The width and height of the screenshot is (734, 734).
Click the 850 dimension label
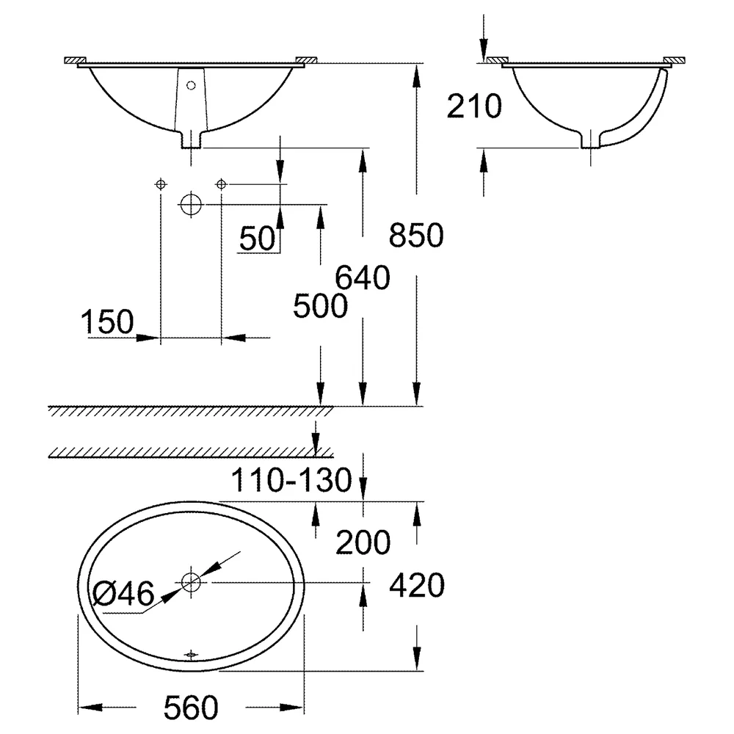[x=416, y=235]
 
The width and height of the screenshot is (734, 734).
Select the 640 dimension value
[x=363, y=277]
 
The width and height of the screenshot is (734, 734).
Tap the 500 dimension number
[x=320, y=306]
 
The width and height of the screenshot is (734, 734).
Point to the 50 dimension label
[x=257, y=239]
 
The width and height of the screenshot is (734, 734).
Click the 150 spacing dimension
[x=107, y=321]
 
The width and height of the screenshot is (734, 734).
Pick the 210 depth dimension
[x=474, y=106]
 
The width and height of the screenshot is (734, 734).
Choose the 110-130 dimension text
[x=291, y=480]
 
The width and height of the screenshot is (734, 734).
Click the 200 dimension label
[x=363, y=542]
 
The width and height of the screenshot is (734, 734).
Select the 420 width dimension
[x=417, y=585]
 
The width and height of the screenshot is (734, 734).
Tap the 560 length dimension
[x=191, y=708]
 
